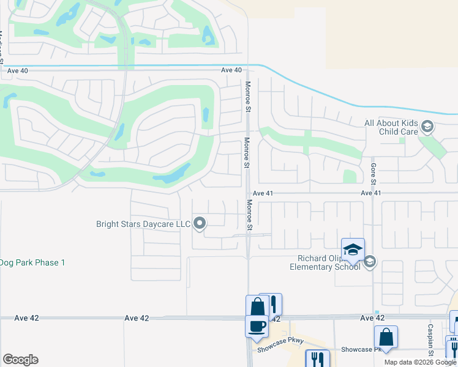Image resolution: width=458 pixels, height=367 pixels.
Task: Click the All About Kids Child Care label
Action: point(391,127)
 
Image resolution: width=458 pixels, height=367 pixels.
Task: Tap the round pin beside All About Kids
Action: point(427,127)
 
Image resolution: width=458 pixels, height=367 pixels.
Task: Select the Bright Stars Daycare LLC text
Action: point(143,224)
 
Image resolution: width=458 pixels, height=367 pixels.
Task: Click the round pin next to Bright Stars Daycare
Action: point(200,224)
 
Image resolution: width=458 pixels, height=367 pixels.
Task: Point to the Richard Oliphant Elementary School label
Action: point(325,262)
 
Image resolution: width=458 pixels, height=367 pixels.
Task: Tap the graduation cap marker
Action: point(353,250)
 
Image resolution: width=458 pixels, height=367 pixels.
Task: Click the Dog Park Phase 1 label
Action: point(32,262)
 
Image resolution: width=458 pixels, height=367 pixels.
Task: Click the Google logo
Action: point(20,360)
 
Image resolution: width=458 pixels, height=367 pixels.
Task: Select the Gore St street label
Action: point(373,172)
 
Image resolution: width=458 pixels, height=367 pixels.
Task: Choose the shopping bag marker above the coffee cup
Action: point(257,306)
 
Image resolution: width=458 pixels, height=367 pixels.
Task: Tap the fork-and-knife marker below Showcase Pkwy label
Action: point(317,358)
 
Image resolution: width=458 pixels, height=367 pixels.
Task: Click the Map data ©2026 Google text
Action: point(421,362)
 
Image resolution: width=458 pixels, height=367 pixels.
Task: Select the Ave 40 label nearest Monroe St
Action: point(231,70)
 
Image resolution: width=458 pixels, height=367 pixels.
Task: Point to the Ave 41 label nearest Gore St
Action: point(371,193)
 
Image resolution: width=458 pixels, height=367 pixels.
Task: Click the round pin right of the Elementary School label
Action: point(369,262)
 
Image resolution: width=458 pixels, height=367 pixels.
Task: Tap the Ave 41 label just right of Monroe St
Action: point(262,193)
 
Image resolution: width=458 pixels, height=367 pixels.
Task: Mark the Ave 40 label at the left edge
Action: point(16,70)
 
